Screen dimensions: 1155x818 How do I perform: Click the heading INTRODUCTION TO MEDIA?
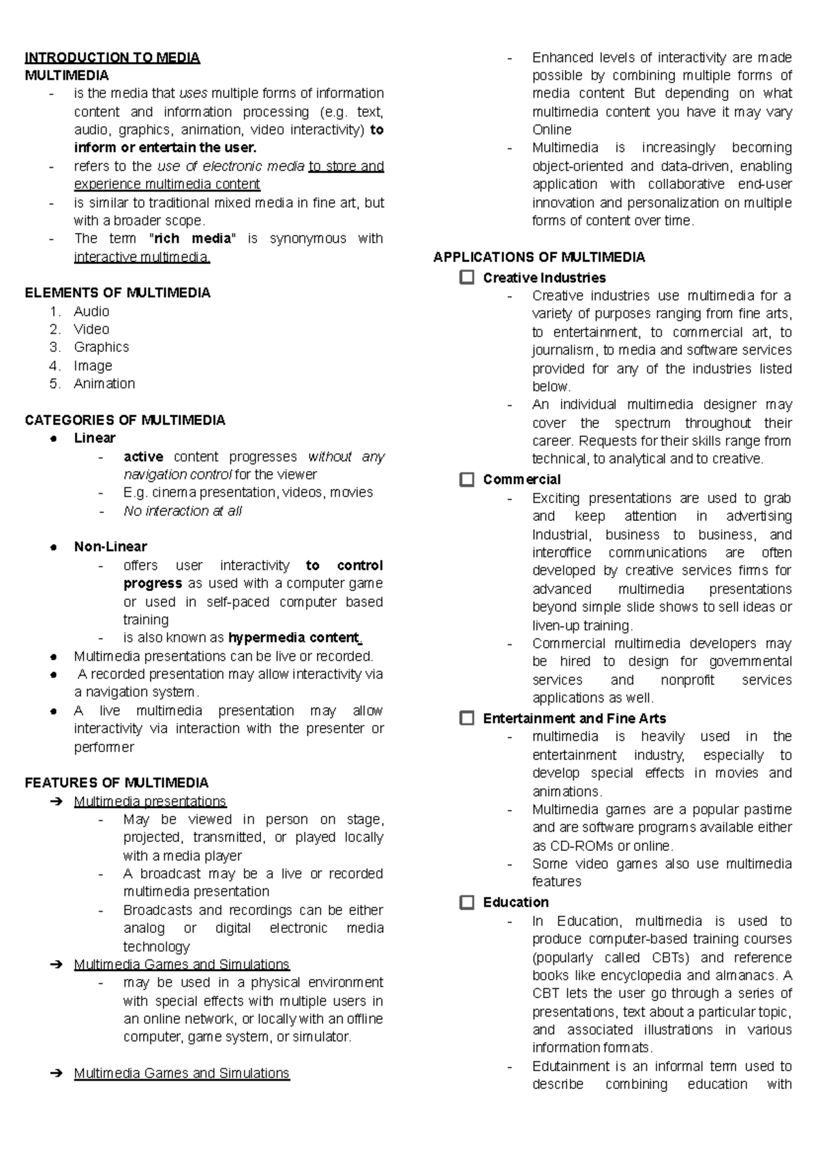click(x=112, y=57)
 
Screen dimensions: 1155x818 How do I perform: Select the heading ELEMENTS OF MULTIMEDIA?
click(x=117, y=292)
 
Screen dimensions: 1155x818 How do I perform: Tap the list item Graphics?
click(x=101, y=347)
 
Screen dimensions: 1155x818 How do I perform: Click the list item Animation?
click(x=104, y=383)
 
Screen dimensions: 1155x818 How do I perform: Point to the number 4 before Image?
click(x=55, y=365)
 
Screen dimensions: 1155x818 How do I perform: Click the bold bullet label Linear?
click(x=95, y=438)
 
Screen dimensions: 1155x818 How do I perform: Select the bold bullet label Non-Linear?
click(x=110, y=546)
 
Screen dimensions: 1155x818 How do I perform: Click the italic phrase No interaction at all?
click(x=183, y=511)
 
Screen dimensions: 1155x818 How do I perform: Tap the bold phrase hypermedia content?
click(x=294, y=637)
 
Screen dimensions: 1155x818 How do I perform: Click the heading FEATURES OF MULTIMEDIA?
click(x=117, y=783)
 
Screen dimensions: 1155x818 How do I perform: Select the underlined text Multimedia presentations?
click(x=150, y=801)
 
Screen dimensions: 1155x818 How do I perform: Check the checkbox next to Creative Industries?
click(x=467, y=277)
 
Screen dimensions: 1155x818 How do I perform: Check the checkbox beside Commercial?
click(x=467, y=479)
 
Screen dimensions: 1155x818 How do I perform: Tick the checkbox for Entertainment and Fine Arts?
click(x=467, y=718)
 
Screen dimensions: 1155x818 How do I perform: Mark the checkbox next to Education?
click(x=467, y=902)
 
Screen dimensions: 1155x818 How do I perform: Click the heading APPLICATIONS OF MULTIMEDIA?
click(x=539, y=257)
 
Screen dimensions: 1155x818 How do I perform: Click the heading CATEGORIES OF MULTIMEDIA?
click(x=125, y=420)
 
